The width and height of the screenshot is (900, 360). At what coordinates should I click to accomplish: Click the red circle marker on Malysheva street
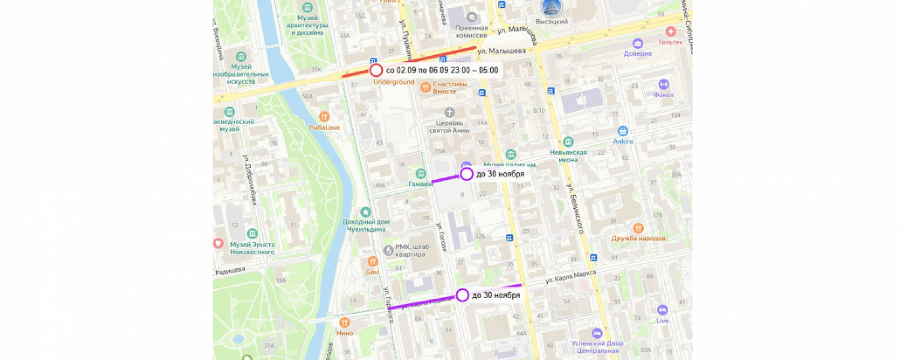tap(376, 70)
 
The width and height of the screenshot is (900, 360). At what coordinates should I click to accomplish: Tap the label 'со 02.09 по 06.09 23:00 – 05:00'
tap(442, 70)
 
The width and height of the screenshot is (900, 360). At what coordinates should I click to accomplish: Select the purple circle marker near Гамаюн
tap(467, 174)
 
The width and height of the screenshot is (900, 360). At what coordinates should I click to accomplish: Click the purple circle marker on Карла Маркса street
tap(462, 295)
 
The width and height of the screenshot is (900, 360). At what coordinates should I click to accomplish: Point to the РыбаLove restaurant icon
tap(325, 116)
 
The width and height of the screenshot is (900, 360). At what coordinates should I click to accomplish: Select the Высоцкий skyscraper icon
tap(551, 8)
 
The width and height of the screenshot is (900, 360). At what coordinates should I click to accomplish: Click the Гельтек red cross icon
tap(670, 31)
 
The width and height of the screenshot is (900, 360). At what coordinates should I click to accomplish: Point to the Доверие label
tap(637, 53)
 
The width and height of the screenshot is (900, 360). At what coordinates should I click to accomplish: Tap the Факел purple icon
tap(663, 85)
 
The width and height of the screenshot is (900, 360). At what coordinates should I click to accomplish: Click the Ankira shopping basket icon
tap(623, 131)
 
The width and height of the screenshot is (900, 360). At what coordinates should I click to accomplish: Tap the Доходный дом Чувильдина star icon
tap(365, 212)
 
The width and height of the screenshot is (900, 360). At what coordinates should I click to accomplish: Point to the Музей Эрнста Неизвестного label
tap(253, 248)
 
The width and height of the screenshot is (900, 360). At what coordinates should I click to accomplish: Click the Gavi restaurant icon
tap(373, 261)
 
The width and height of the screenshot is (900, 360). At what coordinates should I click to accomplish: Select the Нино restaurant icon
tap(344, 323)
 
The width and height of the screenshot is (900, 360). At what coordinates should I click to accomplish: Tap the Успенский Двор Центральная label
tap(596, 347)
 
